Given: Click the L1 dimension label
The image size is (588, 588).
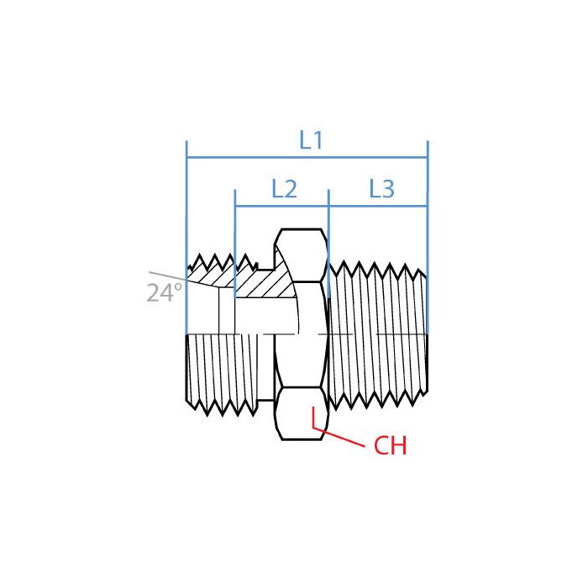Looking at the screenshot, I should tap(311, 140).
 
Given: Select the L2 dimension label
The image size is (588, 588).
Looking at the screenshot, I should tap(284, 190).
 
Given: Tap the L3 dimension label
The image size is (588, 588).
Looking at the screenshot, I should tap(381, 190).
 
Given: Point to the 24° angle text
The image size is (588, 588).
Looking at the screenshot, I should tap(164, 293).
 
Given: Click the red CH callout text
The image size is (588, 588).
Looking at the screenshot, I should tap(390, 446).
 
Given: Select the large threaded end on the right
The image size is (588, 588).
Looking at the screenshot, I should tap(378, 336).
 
